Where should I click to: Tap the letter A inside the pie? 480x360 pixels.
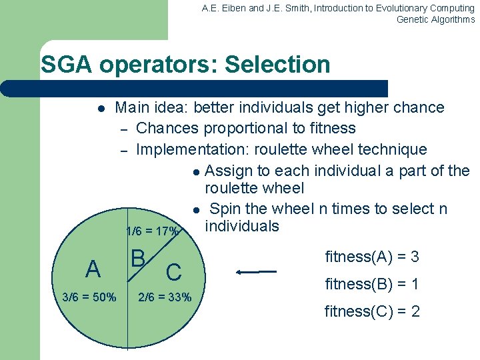[x=93, y=269]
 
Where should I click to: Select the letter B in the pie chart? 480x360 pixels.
[x=138, y=258]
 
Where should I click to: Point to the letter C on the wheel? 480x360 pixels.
[x=173, y=271]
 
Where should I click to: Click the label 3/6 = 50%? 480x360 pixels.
[x=89, y=297]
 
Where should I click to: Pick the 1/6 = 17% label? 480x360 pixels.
[x=152, y=232]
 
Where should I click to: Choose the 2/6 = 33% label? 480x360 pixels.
[x=165, y=297]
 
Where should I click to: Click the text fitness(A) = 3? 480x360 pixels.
[x=372, y=257]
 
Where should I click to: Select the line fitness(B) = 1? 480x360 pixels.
[x=372, y=284]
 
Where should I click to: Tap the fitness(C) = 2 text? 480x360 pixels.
[x=372, y=311]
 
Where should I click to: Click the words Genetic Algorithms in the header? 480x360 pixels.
[x=435, y=19]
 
